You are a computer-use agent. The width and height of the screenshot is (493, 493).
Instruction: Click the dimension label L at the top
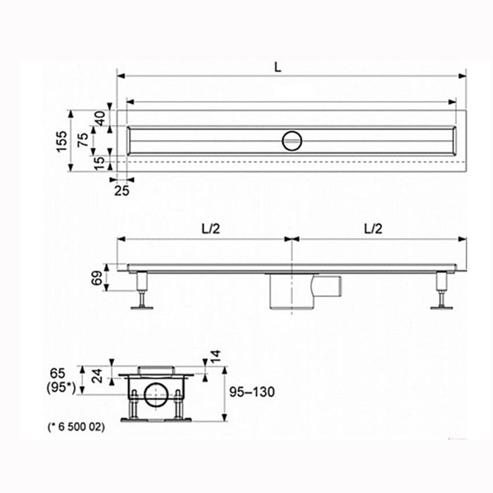277,67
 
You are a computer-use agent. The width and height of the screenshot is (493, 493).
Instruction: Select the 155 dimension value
62,141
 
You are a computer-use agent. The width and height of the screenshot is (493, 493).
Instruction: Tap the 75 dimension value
83,140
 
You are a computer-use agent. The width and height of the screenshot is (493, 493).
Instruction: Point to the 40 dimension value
101,118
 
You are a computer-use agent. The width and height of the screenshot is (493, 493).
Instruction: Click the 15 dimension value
99,163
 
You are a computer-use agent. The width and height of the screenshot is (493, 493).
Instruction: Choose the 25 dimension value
122,191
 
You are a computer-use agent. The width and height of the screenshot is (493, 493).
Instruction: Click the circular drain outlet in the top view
292,141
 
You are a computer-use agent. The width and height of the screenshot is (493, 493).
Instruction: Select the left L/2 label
211,229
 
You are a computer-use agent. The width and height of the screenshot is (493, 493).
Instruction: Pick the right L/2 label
373,229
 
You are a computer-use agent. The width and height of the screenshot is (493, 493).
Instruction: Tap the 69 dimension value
97,278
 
